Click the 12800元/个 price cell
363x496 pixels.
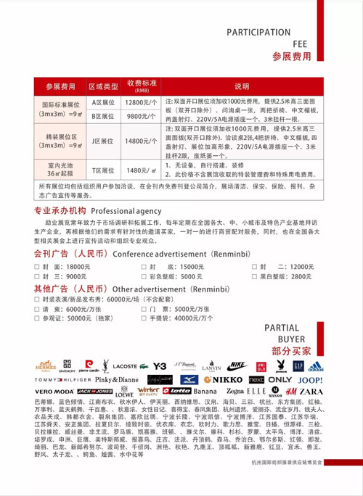coord(142,103)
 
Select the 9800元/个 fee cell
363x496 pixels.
coord(142,116)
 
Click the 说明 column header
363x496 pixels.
coord(241,86)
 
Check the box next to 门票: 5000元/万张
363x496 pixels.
coord(143,308)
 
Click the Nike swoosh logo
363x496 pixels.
coord(237,366)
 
